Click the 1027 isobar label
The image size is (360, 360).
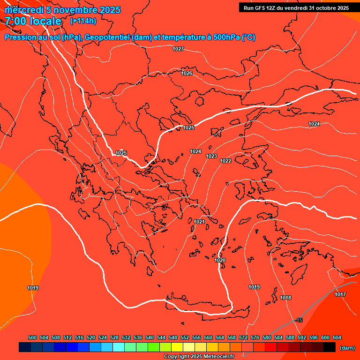click(178, 49)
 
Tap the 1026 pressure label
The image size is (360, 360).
click(187, 73)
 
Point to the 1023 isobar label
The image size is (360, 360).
click(211, 156)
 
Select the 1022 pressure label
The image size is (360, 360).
click(225, 161)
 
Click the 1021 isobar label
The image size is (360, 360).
click(199, 222)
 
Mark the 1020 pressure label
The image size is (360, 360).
click(220, 260)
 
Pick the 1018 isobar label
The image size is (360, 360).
click(285, 298)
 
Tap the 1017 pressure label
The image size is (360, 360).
click(340, 294)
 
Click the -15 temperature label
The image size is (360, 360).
click(299, 320)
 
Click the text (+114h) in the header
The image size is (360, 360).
click(83, 21)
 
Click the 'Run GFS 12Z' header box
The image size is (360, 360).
click(296, 7)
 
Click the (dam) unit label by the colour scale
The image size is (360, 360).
click(347, 347)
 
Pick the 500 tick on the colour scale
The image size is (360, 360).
click(32, 337)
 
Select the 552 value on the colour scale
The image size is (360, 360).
click(185, 337)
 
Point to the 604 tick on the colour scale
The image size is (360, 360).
click(337, 337)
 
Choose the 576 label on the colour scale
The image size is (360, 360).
click(255, 337)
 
